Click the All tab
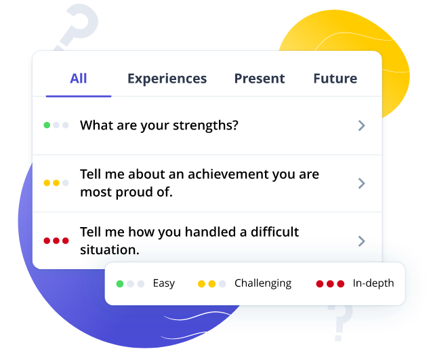79,79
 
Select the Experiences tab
167,79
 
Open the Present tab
260,79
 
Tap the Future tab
335,79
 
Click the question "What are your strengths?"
159,125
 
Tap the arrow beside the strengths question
362,125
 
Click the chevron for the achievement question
362,184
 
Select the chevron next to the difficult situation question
362,241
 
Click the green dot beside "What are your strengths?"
47,125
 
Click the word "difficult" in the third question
274,232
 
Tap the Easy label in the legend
164,283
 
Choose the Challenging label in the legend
263,283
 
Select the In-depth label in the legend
373,283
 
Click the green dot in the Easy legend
120,284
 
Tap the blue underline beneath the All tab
79,96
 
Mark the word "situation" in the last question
110,249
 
